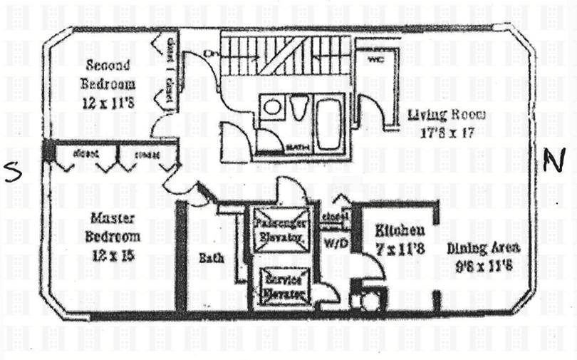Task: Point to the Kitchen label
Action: pyautogui.click(x=400, y=230)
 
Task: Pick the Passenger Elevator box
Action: pyautogui.click(x=280, y=230)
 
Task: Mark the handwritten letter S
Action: pyautogui.click(x=11, y=172)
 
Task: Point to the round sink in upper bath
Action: pyautogui.click(x=271, y=108)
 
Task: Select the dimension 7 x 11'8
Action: pyautogui.click(x=400, y=249)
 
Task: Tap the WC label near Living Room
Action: pyautogui.click(x=375, y=61)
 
